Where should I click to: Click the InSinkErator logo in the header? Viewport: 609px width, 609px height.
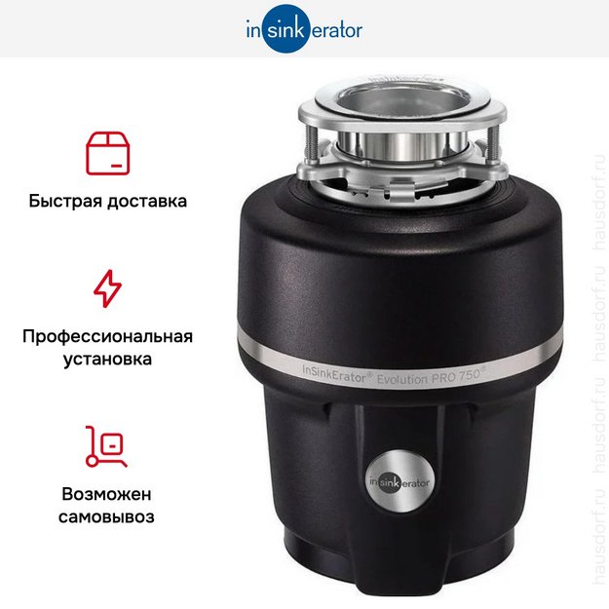pyautogui.click(x=303, y=29)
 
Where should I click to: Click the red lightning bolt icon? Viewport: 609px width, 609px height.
pyautogui.click(x=108, y=288)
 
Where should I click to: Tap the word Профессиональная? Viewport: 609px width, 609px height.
pyautogui.click(x=108, y=337)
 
